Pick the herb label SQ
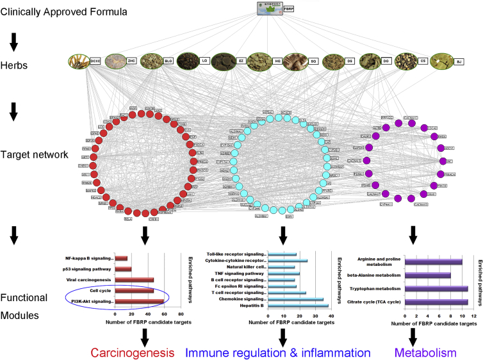point(313,62)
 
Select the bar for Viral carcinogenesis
point(135,279)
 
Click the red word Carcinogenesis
point(133,352)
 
